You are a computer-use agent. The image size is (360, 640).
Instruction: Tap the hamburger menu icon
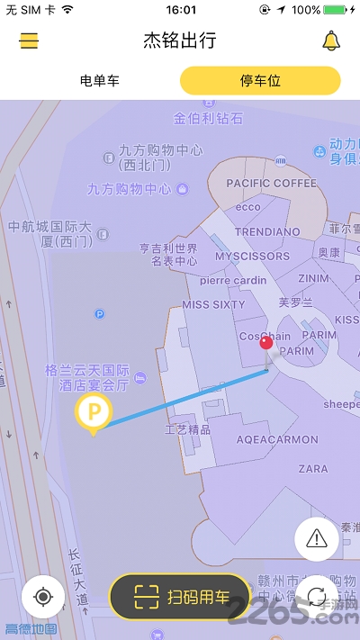pyautogui.click(x=30, y=41)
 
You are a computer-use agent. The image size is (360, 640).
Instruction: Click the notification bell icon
pyautogui.click(x=331, y=41)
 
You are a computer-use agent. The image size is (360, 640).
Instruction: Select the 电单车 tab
pyautogui.click(x=99, y=81)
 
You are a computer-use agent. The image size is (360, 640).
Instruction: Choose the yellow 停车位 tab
pyautogui.click(x=260, y=81)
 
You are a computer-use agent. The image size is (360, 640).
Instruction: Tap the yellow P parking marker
pyautogui.click(x=93, y=414)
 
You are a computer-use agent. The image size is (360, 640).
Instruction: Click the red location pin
pyautogui.click(x=266, y=341)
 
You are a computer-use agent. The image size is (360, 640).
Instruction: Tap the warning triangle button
pyautogui.click(x=317, y=538)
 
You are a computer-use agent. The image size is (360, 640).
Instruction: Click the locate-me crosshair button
pyautogui.click(x=42, y=596)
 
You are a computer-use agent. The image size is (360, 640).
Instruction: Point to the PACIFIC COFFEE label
pyautogui.click(x=272, y=184)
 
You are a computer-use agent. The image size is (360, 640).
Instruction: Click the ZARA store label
pyautogui.click(x=313, y=469)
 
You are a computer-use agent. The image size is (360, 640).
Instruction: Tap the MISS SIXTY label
pyautogui.click(x=214, y=305)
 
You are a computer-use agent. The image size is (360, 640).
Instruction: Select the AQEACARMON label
pyautogui.click(x=277, y=440)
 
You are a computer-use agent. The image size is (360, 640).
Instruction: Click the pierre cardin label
pyautogui.click(x=234, y=280)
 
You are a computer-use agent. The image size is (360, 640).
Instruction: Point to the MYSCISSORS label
pyautogui.click(x=252, y=257)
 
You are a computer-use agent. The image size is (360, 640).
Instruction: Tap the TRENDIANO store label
pyautogui.click(x=267, y=232)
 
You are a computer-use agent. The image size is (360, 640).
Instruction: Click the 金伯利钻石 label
pyautogui.click(x=208, y=118)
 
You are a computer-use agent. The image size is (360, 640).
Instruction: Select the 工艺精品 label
pyautogui.click(x=187, y=430)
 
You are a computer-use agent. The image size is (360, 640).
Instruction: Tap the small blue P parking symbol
pyautogui.click(x=99, y=314)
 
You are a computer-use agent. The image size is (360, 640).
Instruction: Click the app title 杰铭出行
pyautogui.click(x=180, y=41)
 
